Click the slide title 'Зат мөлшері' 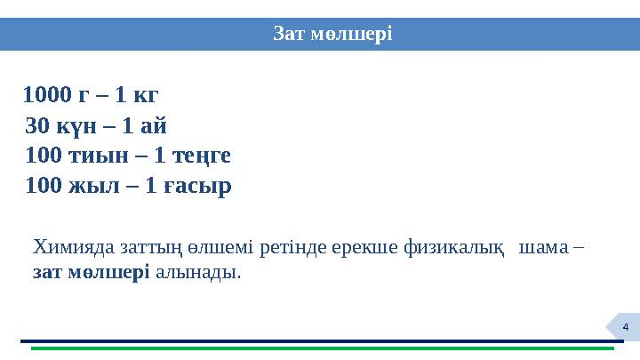332,34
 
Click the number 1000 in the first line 50,94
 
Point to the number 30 38,125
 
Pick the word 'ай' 150,125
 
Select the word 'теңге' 202,156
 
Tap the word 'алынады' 196,273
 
